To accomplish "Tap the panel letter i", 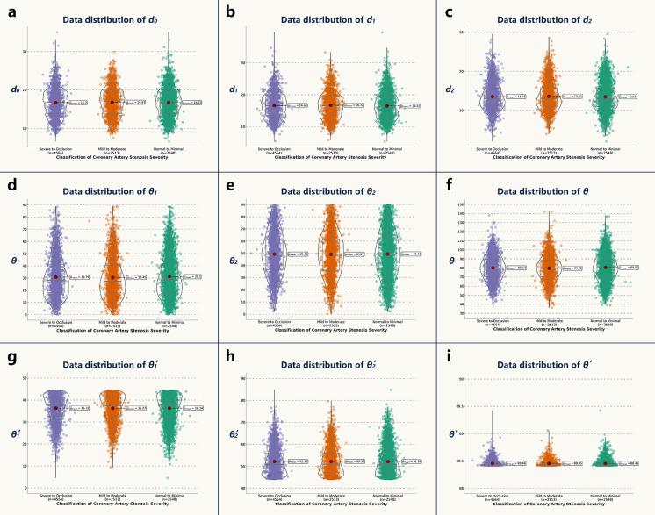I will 449,357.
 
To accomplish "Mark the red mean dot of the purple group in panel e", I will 275,254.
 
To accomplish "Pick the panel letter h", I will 229,357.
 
